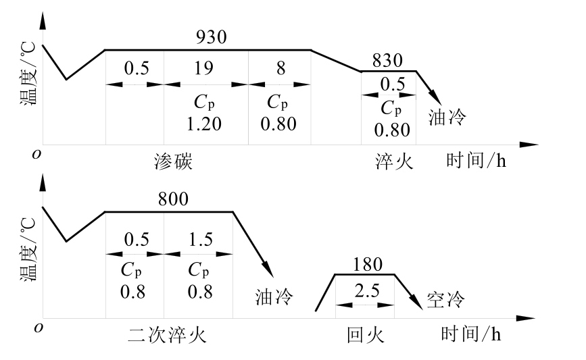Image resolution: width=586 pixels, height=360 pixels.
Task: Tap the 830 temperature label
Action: point(387,61)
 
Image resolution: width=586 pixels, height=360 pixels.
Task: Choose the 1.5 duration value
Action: point(199,240)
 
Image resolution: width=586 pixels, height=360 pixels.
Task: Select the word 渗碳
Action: point(174,162)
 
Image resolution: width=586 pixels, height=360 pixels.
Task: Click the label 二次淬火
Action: point(166,335)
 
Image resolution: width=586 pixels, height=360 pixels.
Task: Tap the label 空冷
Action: point(447,298)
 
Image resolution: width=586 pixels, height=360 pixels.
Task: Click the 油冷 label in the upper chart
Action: point(447,118)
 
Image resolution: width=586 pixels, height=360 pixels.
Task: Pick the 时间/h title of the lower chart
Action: point(470,334)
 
